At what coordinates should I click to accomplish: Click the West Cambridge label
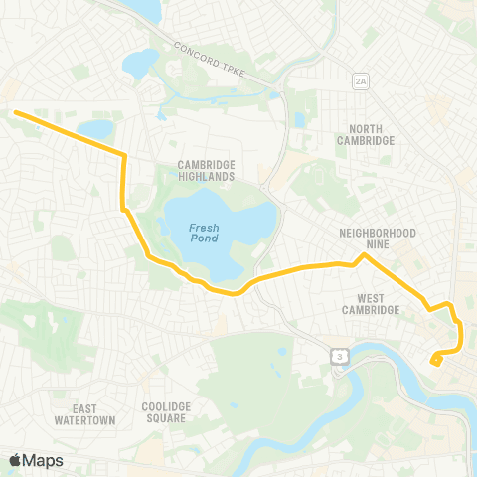point(370,303)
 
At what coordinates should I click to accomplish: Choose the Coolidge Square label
point(164,412)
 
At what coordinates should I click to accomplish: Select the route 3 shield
point(340,355)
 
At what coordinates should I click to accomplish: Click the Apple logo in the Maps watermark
point(16,460)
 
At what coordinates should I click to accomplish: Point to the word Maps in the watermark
point(44,460)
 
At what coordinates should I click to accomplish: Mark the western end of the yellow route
point(15,112)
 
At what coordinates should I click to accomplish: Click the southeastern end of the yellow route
point(434,362)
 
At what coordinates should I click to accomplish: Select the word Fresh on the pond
point(204,227)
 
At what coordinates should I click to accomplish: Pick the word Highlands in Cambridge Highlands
point(206,177)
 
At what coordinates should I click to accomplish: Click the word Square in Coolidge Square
point(164,419)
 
